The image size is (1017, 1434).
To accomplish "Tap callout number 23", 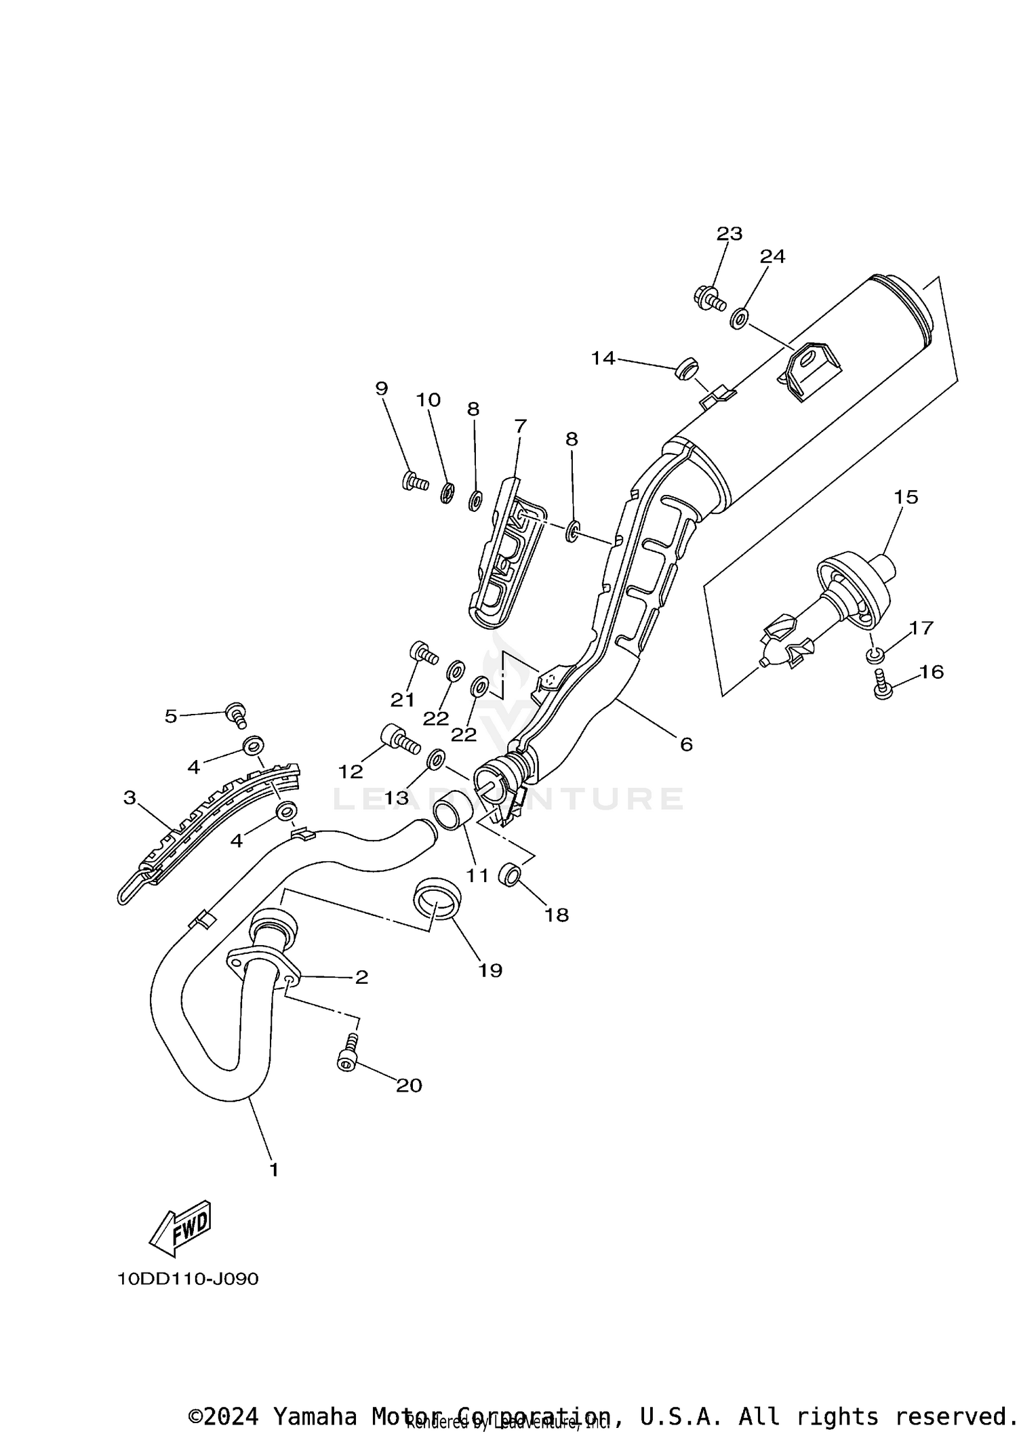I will (730, 234).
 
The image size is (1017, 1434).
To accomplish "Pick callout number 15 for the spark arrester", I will (906, 497).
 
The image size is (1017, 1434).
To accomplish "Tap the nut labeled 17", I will (875, 655).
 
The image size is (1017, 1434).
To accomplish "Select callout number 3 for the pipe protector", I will (129, 797).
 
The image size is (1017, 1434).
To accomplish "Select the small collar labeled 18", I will (509, 875).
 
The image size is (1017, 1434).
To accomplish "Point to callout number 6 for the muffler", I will (686, 744).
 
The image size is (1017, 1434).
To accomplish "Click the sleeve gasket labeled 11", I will (449, 813).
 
